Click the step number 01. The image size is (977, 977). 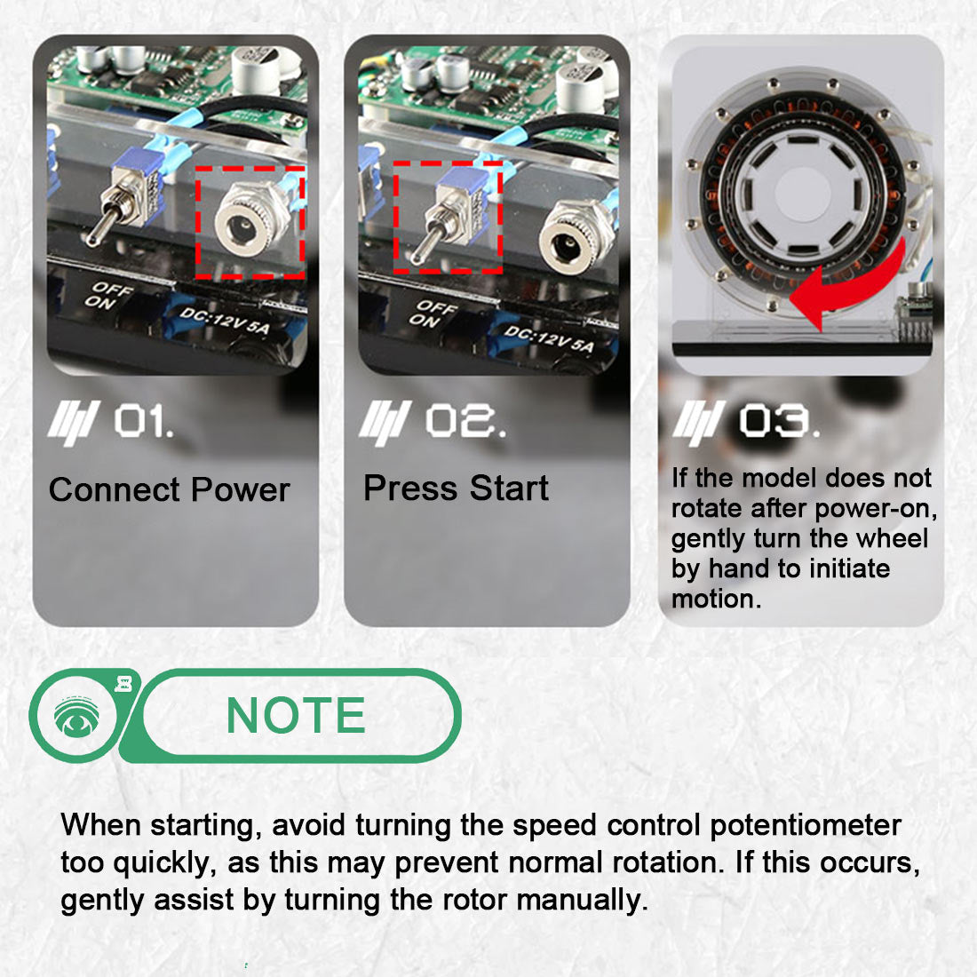point(142,421)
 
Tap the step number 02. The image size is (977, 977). point(465,421)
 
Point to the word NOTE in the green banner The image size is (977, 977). point(296,716)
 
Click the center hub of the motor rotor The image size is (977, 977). point(802,193)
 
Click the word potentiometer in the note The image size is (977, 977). point(805,825)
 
